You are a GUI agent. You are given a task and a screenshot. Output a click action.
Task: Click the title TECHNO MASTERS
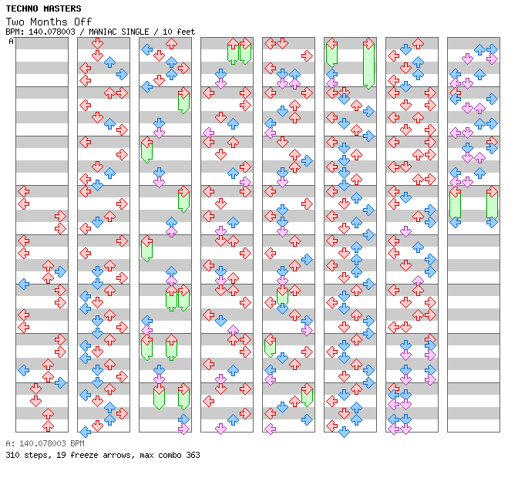43,8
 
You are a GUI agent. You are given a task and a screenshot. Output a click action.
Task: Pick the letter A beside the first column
11,41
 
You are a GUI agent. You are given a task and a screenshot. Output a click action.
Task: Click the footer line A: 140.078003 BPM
45,444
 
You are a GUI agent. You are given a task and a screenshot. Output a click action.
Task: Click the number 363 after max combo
190,455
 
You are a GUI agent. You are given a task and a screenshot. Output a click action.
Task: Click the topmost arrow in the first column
24,191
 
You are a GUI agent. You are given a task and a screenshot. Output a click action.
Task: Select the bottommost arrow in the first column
49,426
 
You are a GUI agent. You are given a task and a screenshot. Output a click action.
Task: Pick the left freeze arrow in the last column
456,207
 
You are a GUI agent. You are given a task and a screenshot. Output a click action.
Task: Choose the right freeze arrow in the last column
492,207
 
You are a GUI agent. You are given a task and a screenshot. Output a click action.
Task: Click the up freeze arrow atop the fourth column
233,52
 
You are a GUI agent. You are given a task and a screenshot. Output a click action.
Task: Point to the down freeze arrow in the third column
159,396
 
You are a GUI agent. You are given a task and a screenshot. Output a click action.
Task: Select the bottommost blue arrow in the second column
86,431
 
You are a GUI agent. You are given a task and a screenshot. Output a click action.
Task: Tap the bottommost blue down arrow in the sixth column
344,432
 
